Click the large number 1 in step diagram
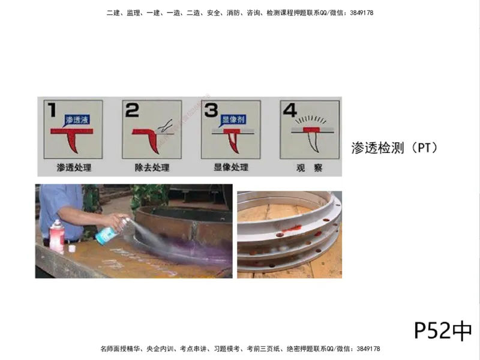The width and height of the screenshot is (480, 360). tap(52, 110)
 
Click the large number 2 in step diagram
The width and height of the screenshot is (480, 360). tap(131, 110)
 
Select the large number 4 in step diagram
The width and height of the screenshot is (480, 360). tap(290, 110)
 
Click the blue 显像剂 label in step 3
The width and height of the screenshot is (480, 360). tap(232, 119)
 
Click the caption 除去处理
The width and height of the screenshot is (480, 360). tap(152, 167)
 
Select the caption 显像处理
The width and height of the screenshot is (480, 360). tap(230, 167)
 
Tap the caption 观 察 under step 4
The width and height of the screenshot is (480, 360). tap(309, 167)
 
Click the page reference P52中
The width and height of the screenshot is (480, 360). tap(443, 329)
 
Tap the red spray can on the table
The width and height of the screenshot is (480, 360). tap(56, 236)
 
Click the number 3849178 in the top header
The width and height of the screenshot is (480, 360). tap(360, 13)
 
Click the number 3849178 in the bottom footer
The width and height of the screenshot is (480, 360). tap(367, 349)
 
